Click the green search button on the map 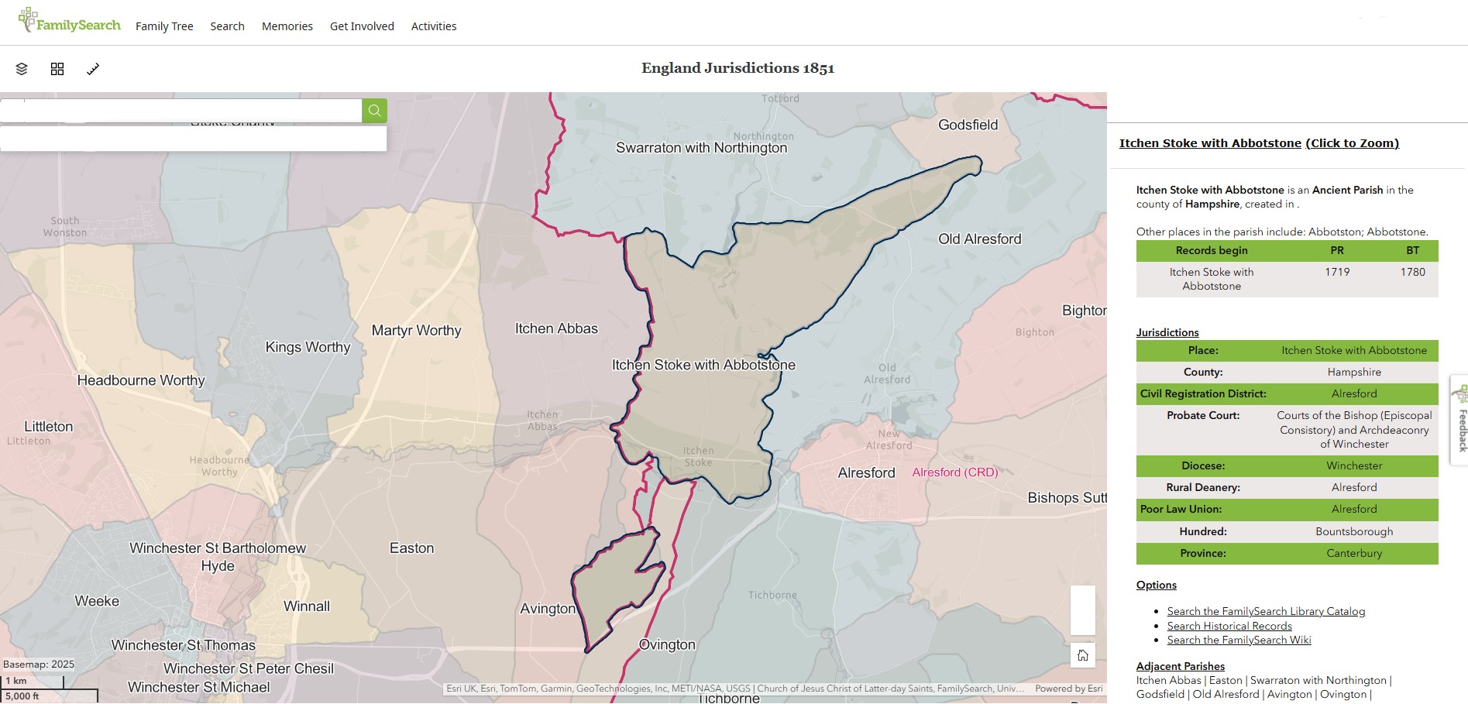click(374, 111)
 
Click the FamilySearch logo click(70, 22)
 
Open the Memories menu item click(287, 26)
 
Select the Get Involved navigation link click(362, 26)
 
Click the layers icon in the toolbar click(22, 69)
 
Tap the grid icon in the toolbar click(57, 69)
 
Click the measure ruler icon click(93, 69)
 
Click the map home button click(1082, 655)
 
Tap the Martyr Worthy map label click(416, 331)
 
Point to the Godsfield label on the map click(968, 125)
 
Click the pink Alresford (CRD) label click(954, 472)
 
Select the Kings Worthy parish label click(308, 347)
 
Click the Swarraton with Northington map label click(701, 148)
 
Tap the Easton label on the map click(411, 548)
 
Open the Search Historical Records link click(1229, 626)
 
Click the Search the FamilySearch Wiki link click(1239, 640)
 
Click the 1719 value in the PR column click(1337, 272)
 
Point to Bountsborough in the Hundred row click(1353, 531)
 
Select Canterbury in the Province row click(1353, 553)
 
